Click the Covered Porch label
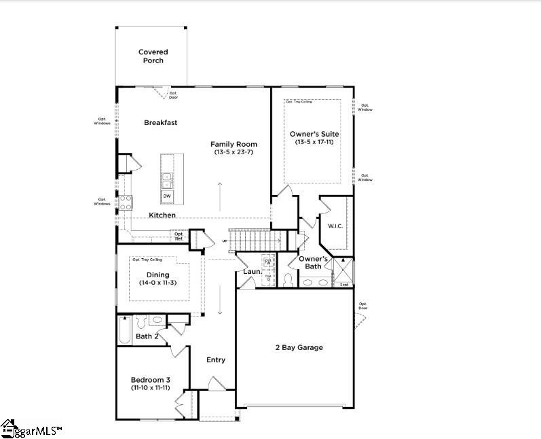[153, 56]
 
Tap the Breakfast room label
[161, 123]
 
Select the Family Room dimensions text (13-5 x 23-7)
[234, 152]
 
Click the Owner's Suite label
[314, 134]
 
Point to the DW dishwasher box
[166, 196]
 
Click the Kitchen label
[162, 215]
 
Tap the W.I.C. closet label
[335, 226]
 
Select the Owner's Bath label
[314, 262]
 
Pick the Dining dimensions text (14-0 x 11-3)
[157, 282]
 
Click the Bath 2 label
[147, 336]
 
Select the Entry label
[216, 360]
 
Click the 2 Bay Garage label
[299, 347]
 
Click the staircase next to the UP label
[255, 240]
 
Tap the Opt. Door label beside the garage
[363, 306]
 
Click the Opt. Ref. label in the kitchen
[179, 236]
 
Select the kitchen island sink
[166, 180]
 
